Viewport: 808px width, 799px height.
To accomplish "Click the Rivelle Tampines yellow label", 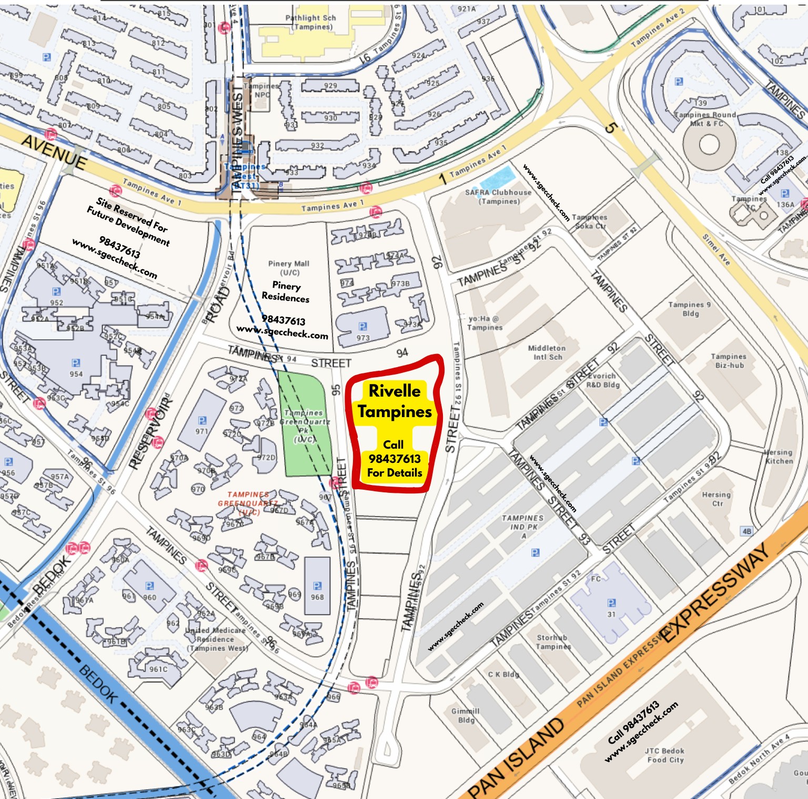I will click(x=395, y=401).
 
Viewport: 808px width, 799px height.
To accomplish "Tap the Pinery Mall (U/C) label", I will click(x=288, y=268).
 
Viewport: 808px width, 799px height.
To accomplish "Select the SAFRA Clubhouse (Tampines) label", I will click(x=498, y=197).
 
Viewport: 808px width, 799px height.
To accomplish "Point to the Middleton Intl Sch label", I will click(x=547, y=352).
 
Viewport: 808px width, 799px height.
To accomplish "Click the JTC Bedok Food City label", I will click(x=665, y=755).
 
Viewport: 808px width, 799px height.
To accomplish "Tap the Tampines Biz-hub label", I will click(x=729, y=361).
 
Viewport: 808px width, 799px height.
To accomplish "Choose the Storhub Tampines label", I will click(x=553, y=642).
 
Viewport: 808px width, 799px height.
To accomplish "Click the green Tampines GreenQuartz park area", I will click(x=305, y=424).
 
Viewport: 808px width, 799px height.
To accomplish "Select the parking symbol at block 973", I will click(x=362, y=327).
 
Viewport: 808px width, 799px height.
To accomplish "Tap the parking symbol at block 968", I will click(x=317, y=586).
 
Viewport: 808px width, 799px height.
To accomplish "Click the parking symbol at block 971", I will click(x=202, y=420).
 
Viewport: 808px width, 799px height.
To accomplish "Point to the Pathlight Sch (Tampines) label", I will click(x=311, y=22).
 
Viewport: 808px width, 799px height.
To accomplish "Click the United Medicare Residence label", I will click(x=216, y=639).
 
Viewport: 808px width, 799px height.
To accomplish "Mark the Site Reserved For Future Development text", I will click(x=128, y=221).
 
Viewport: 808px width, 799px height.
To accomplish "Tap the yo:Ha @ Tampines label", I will click(x=484, y=323).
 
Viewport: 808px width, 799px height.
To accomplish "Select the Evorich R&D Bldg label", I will click(x=603, y=380).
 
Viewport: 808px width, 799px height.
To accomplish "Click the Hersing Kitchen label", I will click(x=779, y=457).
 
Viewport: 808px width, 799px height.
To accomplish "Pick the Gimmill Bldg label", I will click(x=466, y=715).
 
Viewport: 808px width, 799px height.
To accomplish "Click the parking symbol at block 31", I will click(x=611, y=603).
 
